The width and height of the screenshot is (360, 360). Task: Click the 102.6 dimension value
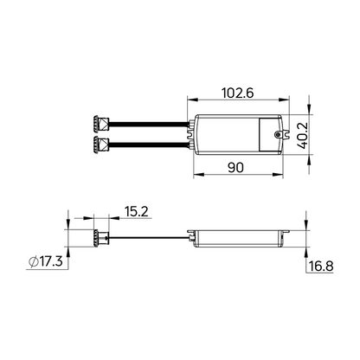point(237,93)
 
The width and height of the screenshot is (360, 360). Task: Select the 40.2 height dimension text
point(303,135)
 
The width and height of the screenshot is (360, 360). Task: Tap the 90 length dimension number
point(235,167)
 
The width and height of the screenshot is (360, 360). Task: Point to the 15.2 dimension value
point(137,211)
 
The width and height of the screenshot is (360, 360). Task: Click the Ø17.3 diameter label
point(46,261)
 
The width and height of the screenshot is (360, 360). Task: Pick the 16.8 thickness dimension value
point(321,266)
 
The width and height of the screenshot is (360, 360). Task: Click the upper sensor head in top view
point(101,124)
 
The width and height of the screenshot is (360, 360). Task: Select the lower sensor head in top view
point(101,145)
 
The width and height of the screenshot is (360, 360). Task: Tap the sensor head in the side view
point(100,238)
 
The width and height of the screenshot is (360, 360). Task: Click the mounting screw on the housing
point(278,135)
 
